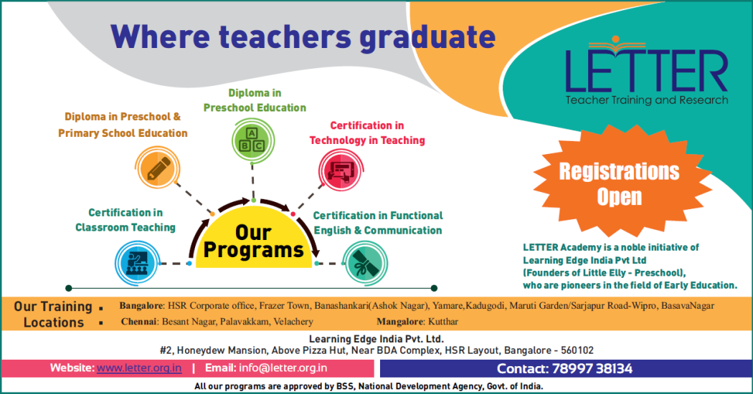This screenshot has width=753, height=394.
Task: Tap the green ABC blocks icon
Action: tap(252, 140)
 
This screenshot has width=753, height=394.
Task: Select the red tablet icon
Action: tap(341, 170)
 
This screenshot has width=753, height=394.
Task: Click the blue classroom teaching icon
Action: tap(136, 263)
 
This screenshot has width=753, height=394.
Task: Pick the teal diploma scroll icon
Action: tap(366, 263)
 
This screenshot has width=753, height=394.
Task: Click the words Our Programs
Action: tap(254, 241)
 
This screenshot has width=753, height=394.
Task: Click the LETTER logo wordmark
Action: tap(646, 70)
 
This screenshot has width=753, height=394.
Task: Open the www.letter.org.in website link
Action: tap(139, 368)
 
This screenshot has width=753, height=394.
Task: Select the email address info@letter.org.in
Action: tap(283, 368)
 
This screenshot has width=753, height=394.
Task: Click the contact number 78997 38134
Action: tap(592, 368)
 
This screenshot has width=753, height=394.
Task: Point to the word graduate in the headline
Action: tap(427, 37)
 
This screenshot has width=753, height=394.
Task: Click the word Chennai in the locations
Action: tap(139, 322)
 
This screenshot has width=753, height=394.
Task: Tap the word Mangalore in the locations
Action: tap(396, 322)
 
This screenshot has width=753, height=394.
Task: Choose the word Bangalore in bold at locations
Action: tap(141, 306)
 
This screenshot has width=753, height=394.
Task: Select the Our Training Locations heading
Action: tap(53, 314)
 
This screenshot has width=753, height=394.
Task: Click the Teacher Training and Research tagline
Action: tap(646, 100)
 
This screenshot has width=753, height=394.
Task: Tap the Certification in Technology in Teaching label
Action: tap(367, 133)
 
